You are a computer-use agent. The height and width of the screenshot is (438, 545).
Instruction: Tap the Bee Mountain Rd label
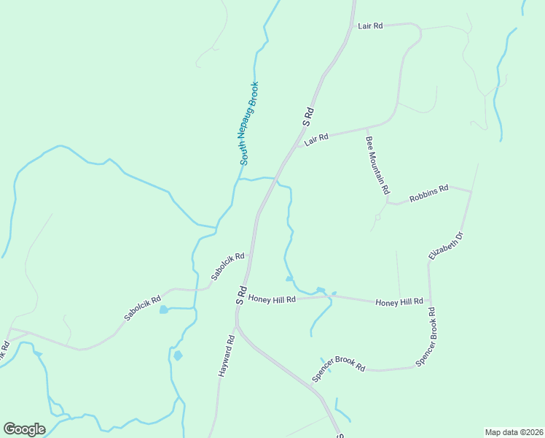pos(377,165)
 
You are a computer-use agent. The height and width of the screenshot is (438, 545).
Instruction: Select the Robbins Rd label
pos(428,193)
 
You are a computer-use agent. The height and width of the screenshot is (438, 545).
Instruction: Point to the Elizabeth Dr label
pos(446,246)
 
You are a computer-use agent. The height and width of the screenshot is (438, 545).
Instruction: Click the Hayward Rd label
pos(226,356)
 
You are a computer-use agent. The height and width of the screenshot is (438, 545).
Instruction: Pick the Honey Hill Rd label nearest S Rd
pos(272,299)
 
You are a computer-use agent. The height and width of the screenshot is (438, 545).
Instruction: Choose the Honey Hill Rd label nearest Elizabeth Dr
pos(399,301)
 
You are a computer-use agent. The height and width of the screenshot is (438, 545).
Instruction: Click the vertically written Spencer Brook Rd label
pos(426,337)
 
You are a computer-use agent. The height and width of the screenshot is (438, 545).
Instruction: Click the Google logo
pos(24,429)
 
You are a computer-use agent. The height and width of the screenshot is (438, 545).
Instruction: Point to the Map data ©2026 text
pos(514,432)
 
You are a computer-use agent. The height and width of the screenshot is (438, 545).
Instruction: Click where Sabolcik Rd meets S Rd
pos(250,255)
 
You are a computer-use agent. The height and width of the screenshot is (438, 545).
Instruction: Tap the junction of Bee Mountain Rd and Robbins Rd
pos(388,200)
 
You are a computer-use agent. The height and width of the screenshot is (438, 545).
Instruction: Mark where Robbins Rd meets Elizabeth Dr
pos(471,191)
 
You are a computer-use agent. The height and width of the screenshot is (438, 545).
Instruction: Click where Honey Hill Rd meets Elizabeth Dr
pos(430,302)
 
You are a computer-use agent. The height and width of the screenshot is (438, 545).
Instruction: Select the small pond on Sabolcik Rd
pos(163,310)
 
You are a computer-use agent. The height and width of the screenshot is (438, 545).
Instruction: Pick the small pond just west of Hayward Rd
pos(178,356)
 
